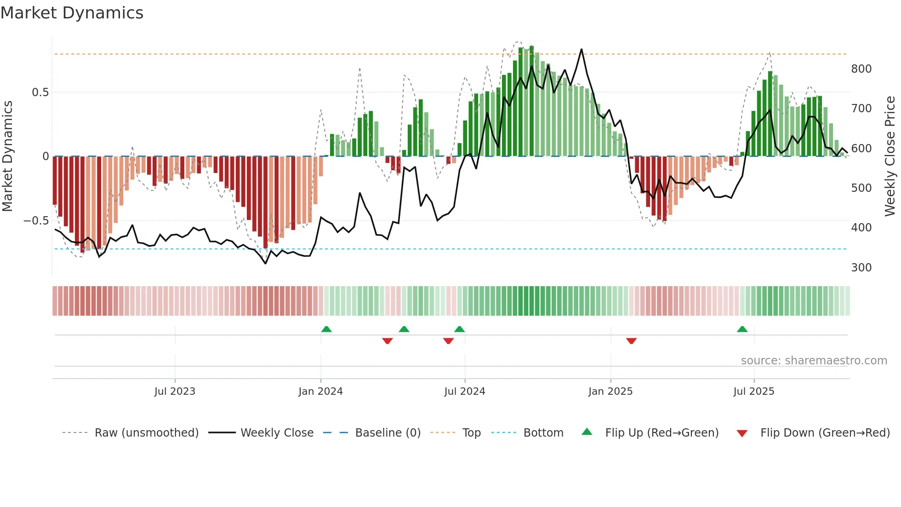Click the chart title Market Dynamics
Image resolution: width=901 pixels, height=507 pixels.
point(72,13)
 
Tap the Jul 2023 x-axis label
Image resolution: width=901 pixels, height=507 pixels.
point(175,392)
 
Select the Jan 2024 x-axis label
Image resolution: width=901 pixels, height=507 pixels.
point(320,392)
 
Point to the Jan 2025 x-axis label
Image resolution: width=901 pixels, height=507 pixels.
point(610,392)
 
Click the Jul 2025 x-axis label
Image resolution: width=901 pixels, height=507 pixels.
point(753,392)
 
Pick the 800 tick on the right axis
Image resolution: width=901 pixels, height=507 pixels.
point(861,69)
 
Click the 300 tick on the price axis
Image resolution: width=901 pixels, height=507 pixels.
point(861,268)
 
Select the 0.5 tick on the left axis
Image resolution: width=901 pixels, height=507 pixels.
point(40,92)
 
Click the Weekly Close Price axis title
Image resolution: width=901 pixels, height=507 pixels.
point(890,156)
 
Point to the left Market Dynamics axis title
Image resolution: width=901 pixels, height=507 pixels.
point(7,156)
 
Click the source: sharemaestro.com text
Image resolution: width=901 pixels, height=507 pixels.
point(814,361)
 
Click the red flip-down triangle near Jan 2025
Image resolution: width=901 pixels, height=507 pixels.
point(631,341)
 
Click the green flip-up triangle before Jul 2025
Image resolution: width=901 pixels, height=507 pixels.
point(742,329)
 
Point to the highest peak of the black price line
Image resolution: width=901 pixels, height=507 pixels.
point(582,49)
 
